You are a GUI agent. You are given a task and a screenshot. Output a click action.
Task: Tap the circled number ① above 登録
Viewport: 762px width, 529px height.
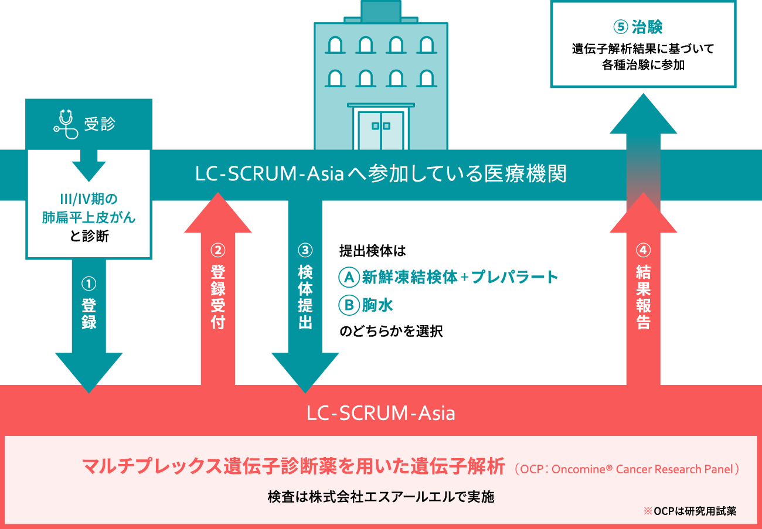point(89,284)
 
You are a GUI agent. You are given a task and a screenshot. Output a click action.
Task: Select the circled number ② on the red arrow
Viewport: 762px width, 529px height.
point(217,250)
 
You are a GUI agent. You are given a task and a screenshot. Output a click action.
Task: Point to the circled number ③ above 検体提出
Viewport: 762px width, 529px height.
point(305,250)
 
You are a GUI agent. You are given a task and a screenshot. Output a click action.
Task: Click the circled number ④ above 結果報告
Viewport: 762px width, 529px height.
point(643,250)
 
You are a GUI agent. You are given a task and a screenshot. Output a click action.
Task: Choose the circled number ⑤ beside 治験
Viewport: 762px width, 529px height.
point(621,27)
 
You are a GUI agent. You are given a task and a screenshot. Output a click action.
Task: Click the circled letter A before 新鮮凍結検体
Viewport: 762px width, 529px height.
point(349,277)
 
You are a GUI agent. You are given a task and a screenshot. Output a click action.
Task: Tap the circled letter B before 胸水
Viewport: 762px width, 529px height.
point(349,305)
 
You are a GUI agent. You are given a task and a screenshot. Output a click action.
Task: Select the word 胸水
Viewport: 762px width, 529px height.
point(377,305)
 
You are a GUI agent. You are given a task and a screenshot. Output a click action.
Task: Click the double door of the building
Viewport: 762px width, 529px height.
point(381,130)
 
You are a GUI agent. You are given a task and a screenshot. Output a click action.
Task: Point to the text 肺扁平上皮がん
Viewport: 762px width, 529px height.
point(89,218)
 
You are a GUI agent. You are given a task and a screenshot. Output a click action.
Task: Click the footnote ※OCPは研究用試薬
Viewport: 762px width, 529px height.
point(689,511)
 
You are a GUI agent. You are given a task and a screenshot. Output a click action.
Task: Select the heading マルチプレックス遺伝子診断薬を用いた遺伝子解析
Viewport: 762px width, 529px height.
point(293,467)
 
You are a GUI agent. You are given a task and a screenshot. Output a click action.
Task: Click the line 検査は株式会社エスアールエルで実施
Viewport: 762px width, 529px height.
point(381,497)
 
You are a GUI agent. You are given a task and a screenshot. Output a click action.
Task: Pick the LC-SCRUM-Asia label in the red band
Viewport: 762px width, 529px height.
point(381,414)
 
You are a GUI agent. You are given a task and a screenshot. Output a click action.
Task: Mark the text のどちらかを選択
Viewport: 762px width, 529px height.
point(391,332)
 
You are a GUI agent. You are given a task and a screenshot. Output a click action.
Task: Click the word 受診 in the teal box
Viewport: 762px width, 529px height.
point(100,124)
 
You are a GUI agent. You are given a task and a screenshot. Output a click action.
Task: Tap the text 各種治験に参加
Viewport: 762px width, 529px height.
point(643,65)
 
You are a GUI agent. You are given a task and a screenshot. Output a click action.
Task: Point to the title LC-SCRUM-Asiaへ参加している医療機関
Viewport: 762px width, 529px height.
point(381,175)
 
